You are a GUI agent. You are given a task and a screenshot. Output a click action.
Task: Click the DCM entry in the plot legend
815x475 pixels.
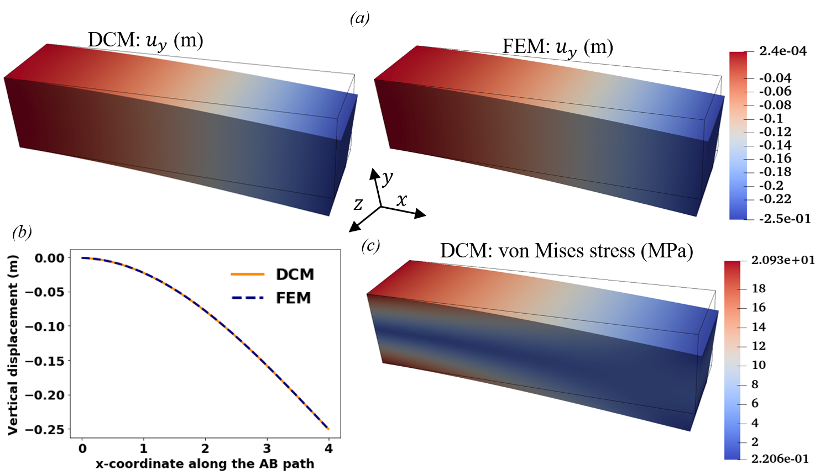[295, 274]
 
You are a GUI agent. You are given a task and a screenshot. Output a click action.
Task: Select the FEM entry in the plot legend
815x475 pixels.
[293, 298]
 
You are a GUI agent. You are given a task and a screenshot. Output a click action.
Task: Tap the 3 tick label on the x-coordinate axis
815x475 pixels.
[267, 448]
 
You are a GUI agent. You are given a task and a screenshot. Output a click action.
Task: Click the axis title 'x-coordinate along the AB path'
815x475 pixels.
[205, 464]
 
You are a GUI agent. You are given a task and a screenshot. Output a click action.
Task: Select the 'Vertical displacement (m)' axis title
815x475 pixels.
[13, 345]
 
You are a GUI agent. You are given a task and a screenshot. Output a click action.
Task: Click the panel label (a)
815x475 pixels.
[360, 18]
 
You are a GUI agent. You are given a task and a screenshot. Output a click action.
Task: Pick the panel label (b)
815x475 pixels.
[22, 232]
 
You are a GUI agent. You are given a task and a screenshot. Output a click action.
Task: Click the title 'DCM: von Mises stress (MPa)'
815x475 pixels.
[566, 251]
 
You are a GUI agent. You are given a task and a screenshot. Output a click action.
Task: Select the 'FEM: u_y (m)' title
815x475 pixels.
[557, 47]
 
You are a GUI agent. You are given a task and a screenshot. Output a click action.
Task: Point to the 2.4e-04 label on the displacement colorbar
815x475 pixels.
[782, 51]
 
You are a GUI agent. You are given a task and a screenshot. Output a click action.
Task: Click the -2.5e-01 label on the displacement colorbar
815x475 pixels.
[785, 219]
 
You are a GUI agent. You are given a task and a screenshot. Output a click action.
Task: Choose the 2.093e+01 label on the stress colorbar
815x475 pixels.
[782, 260]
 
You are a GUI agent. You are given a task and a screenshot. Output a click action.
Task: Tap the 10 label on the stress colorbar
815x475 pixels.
[759, 365]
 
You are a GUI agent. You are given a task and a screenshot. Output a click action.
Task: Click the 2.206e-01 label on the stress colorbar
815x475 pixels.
[780, 458]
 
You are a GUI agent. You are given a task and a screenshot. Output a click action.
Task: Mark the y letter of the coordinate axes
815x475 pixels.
[388, 177]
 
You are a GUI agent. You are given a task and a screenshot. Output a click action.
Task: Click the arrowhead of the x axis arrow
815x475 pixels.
[421, 214]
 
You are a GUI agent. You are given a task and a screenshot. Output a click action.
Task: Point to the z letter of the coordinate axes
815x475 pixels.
[358, 204]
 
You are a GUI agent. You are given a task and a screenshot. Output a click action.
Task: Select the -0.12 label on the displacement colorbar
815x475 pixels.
[775, 132]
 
